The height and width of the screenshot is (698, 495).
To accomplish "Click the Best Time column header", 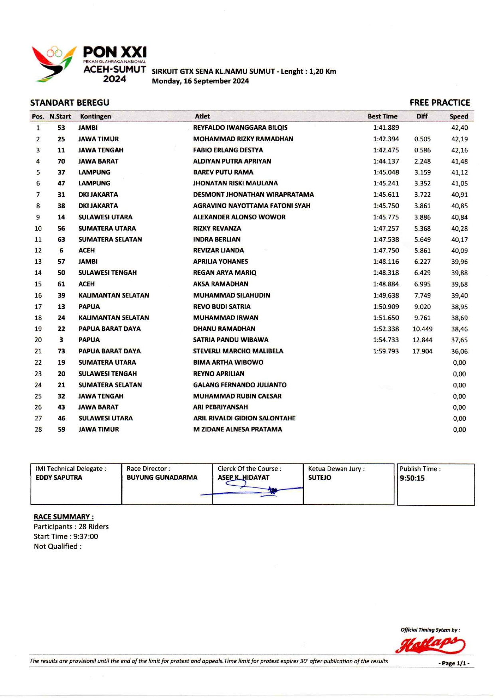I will [382, 116].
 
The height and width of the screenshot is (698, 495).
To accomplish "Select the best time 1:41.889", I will [386, 128].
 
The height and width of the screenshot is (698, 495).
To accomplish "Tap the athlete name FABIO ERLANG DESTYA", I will [228, 150].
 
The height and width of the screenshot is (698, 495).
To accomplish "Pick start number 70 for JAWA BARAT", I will [61, 161].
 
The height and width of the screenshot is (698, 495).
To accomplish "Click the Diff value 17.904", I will [422, 351].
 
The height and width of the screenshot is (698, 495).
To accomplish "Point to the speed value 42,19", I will [459, 139].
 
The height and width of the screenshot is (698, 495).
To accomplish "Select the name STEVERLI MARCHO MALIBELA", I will [238, 351].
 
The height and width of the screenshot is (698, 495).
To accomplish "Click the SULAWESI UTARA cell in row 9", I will [105, 217].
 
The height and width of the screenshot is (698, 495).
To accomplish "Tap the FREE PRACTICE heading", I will [440, 103].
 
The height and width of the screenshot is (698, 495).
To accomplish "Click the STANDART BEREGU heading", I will [69, 103].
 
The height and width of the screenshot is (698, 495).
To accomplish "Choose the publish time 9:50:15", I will [412, 478].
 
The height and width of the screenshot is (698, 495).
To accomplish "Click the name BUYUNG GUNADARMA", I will [162, 477].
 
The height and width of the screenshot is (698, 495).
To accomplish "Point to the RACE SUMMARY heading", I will [63, 517].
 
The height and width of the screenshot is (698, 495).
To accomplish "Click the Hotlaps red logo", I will [430, 645].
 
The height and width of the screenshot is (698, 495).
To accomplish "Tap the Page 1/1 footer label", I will [454, 663].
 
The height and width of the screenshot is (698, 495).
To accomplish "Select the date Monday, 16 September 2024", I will [200, 81].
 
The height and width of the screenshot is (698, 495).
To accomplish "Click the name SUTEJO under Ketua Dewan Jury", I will [319, 477].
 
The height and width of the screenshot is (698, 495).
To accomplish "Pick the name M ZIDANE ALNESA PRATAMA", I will [238, 430].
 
